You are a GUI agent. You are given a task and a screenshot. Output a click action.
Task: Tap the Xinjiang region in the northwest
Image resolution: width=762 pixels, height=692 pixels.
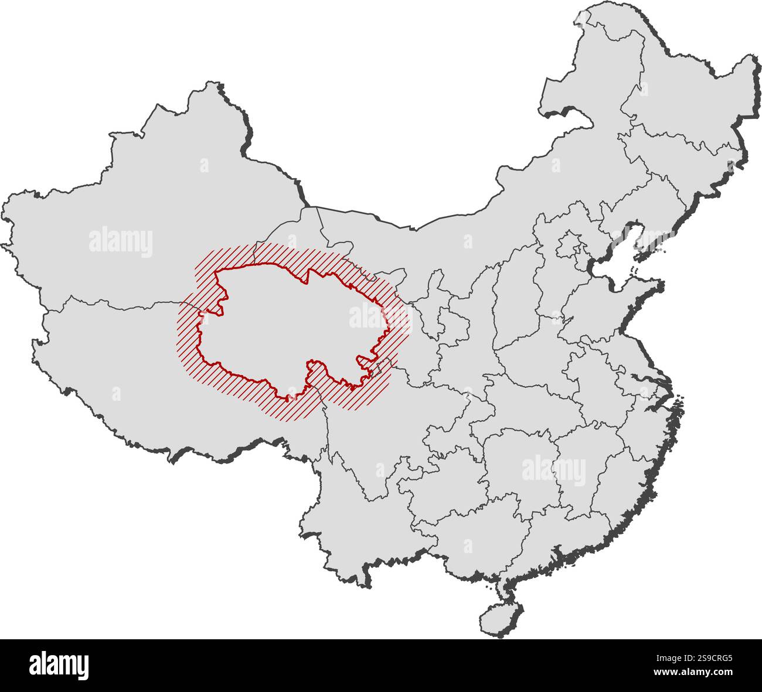(147, 223)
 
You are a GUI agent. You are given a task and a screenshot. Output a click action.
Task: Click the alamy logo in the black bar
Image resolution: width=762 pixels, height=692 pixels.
(59, 665)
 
